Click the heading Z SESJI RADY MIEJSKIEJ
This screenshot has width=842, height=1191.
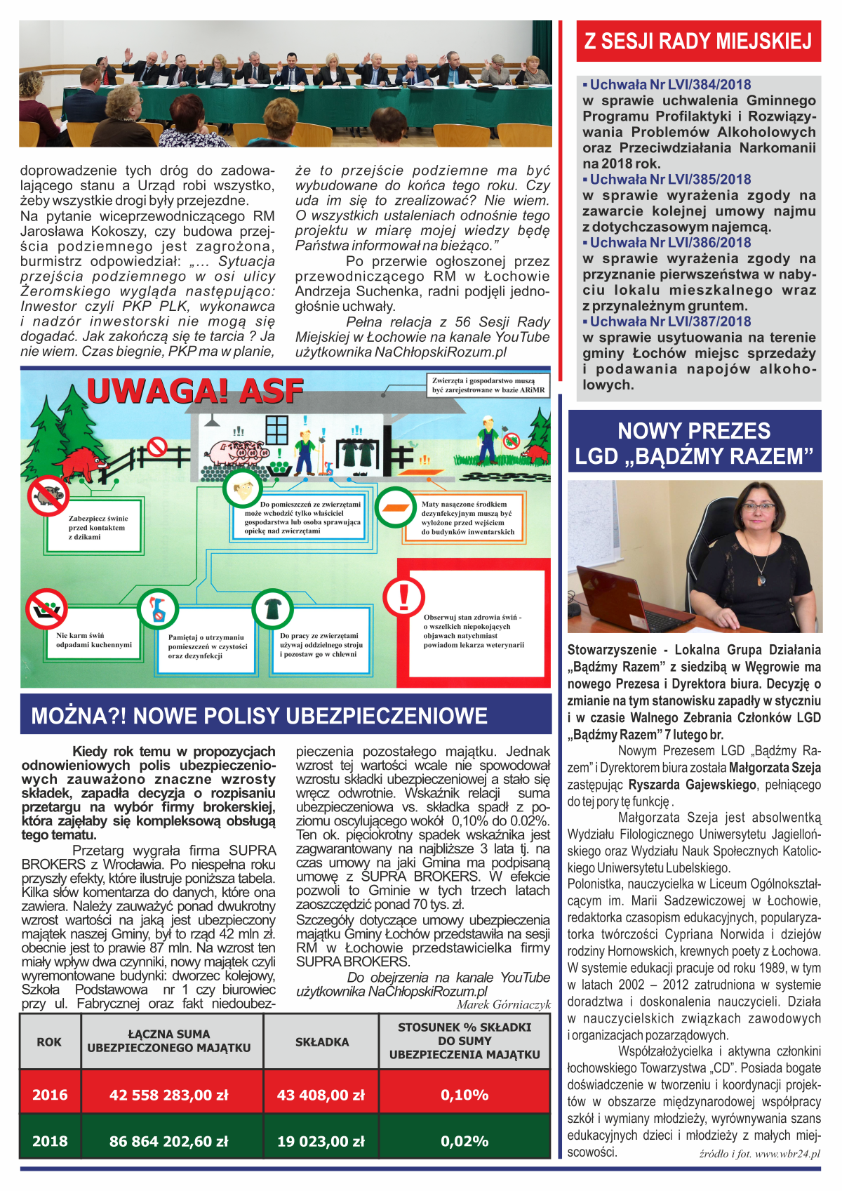[x=698, y=41]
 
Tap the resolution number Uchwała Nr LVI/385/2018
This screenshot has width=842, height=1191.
[x=670, y=180]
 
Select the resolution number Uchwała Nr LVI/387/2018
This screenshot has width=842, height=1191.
[x=670, y=321]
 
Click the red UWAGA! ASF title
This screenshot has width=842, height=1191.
[x=195, y=392]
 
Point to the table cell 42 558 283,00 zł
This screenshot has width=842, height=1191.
[x=169, y=1094]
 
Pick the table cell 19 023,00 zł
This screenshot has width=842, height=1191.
[x=321, y=1141]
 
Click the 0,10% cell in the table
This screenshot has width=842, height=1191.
[x=465, y=1094]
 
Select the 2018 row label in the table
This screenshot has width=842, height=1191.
[x=50, y=1141]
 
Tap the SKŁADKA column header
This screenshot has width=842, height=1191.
[x=322, y=1042]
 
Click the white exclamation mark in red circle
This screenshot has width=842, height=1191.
[x=403, y=595]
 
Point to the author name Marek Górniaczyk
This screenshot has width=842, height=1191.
[x=503, y=1004]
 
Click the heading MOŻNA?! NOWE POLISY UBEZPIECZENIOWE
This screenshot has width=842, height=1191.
[x=260, y=716]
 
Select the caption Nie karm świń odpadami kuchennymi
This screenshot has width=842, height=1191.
[x=94, y=640]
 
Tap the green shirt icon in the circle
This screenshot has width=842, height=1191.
[x=272, y=609]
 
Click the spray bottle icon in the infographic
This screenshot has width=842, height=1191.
[x=157, y=609]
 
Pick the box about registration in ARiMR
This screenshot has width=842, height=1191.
[x=488, y=385]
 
